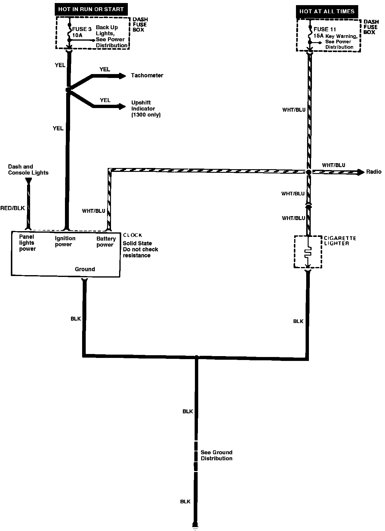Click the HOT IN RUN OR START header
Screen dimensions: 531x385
tap(91, 9)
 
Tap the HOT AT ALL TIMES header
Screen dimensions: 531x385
tap(327, 12)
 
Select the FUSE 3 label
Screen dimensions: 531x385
tap(82, 29)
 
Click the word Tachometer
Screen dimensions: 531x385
tap(147, 76)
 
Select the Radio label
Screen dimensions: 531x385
tap(374, 172)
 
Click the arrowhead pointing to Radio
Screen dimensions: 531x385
tap(361, 172)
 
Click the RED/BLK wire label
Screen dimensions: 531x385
tap(13, 208)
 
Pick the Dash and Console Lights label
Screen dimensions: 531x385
tap(28, 170)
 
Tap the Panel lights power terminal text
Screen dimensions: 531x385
tap(27, 243)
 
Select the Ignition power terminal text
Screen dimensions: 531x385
tap(65, 241)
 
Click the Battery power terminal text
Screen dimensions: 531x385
tap(106, 242)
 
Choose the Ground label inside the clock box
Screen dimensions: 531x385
tap(85, 269)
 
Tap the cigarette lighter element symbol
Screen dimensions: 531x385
tap(307, 253)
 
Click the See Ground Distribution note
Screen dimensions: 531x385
tap(217, 455)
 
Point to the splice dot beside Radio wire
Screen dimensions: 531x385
tap(308, 172)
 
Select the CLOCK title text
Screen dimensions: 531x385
tap(132, 235)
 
